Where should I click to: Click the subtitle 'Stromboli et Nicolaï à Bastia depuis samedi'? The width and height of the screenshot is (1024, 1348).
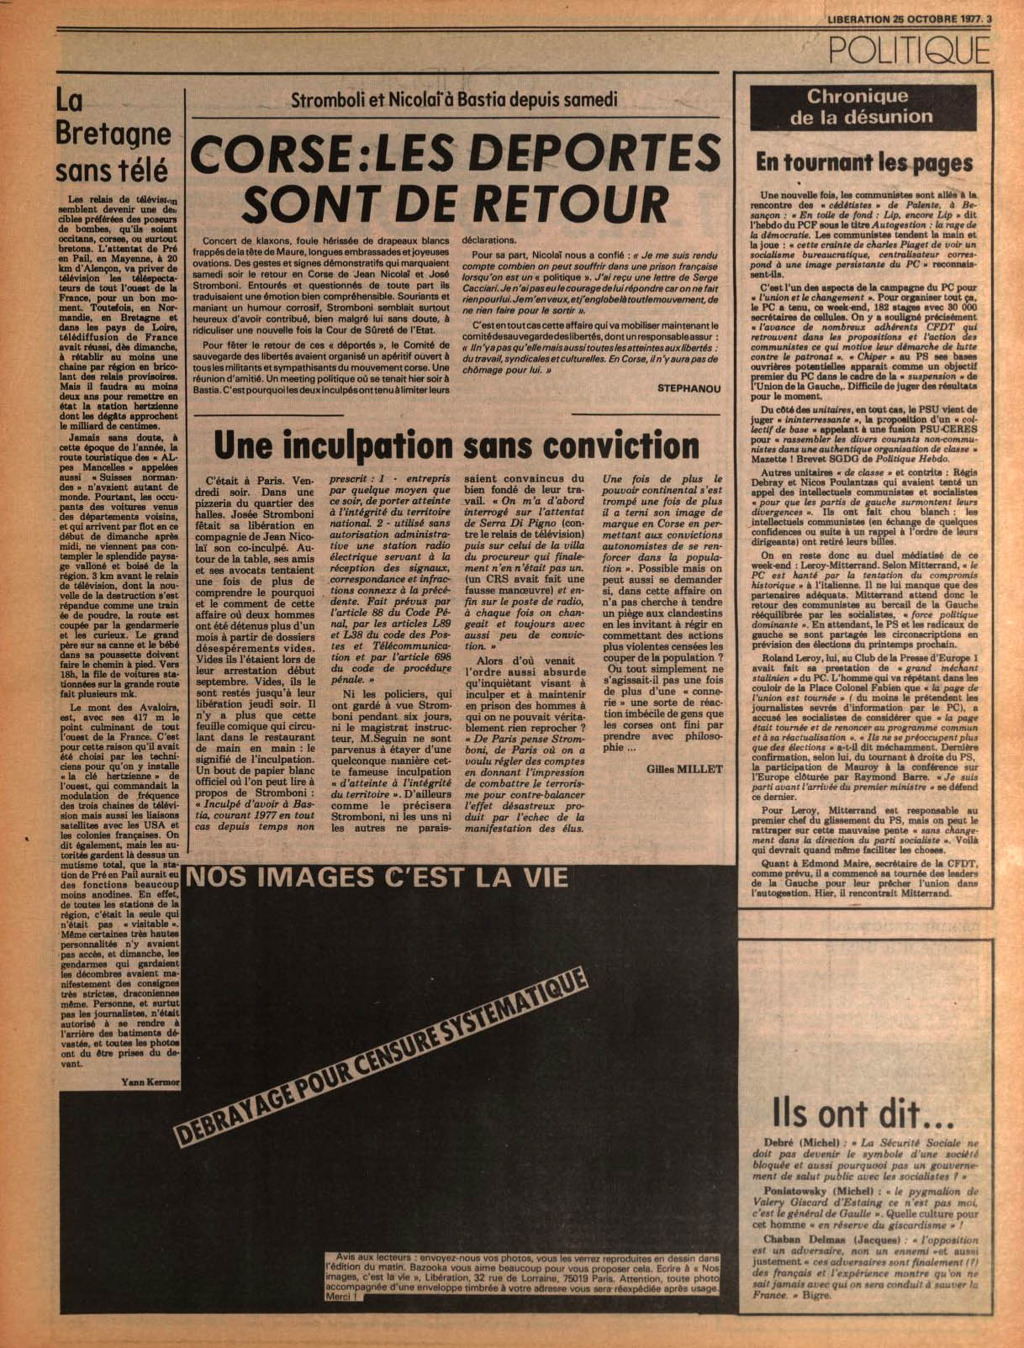(x=453, y=99)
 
